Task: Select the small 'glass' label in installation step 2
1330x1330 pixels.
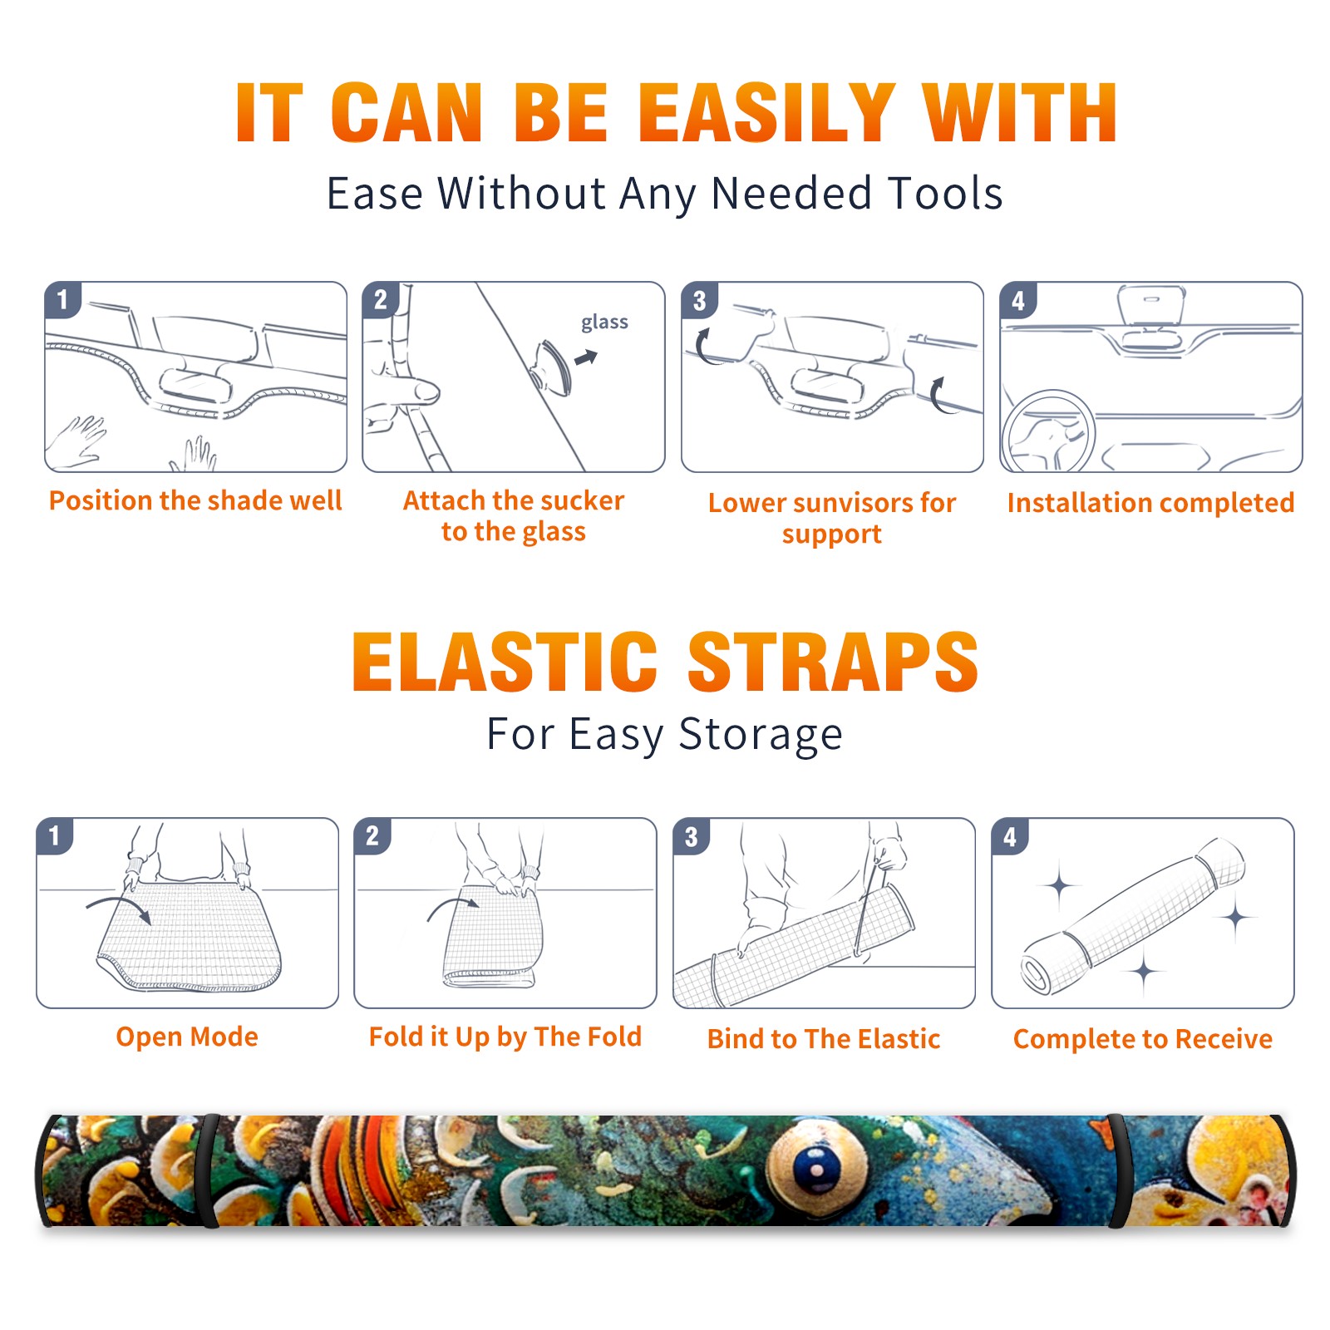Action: tap(604, 323)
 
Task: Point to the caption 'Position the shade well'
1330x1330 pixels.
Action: tap(195, 500)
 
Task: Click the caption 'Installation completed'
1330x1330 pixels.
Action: tap(1150, 503)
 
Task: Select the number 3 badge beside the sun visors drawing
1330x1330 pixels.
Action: tap(699, 301)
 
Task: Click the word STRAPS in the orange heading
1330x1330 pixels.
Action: tap(833, 662)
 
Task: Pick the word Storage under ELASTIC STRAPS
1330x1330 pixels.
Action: tap(761, 735)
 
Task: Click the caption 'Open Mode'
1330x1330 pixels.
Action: tap(187, 1037)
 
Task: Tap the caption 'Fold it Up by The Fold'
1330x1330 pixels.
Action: tap(505, 1037)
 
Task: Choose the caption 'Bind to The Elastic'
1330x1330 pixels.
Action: tap(824, 1039)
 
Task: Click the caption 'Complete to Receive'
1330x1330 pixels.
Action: tap(1143, 1039)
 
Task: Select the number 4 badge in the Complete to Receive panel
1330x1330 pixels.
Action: tap(1010, 836)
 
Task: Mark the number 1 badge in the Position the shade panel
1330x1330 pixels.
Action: tap(62, 299)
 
